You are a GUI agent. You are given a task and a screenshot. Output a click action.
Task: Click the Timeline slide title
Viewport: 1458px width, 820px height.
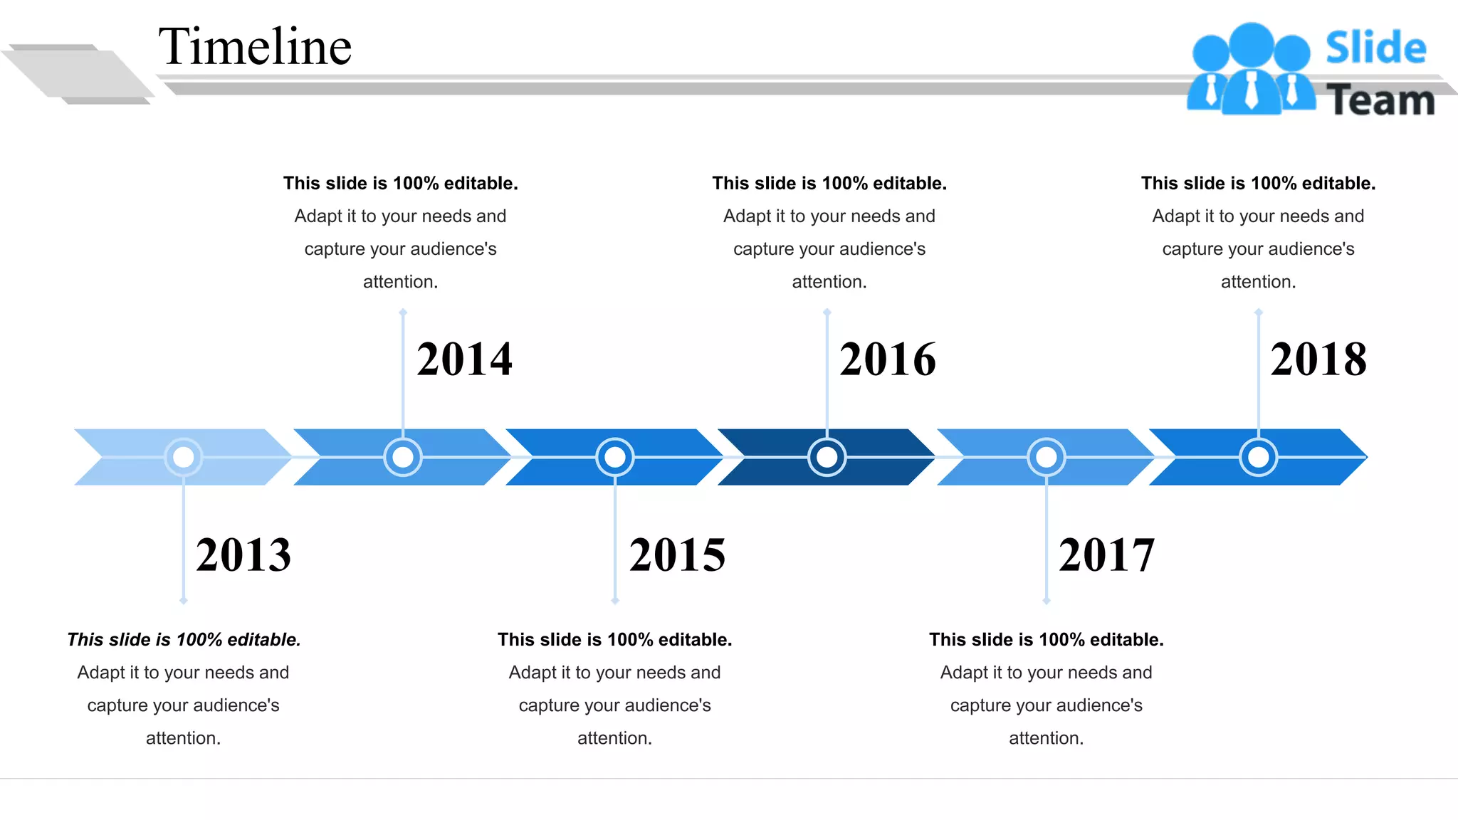pos(255,47)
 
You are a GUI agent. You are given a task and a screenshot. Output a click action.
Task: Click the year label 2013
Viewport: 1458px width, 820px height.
pos(243,555)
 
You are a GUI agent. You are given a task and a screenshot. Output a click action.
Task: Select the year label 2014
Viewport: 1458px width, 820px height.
pos(464,359)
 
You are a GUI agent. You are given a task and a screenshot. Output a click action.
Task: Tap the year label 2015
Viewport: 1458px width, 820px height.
pos(677,555)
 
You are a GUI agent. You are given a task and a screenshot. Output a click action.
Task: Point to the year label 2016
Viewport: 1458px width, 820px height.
pos(887,359)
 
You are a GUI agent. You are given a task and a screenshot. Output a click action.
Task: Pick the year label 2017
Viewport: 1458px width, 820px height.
pos(1106,555)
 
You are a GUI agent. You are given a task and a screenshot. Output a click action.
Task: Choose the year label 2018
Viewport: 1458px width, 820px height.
pos(1318,359)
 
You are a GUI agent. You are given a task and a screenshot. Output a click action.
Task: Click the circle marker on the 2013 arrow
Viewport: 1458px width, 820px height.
pos(184,457)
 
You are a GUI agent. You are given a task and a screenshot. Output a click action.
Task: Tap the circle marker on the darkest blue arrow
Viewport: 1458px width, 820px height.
pos(827,457)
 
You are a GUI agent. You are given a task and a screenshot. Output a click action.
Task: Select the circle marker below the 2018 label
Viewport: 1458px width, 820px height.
pos(1259,457)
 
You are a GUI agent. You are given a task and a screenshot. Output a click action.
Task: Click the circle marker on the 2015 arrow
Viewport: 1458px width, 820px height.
pos(615,457)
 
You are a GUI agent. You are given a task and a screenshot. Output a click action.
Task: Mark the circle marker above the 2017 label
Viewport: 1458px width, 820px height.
pos(1047,457)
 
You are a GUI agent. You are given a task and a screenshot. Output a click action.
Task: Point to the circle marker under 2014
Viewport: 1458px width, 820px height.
pos(403,457)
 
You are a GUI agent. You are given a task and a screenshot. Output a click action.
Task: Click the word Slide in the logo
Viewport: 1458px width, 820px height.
pos(1375,48)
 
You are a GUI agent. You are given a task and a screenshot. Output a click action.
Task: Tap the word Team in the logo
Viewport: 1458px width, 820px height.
pos(1380,100)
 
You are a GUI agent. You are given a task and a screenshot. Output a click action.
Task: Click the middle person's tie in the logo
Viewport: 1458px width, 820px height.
pos(1251,91)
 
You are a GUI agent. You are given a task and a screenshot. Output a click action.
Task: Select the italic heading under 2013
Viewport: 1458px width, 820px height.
pos(184,640)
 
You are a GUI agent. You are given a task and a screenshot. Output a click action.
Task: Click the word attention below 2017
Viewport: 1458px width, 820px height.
pos(1045,738)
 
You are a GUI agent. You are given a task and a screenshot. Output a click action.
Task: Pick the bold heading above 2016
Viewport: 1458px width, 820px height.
pos(829,184)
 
